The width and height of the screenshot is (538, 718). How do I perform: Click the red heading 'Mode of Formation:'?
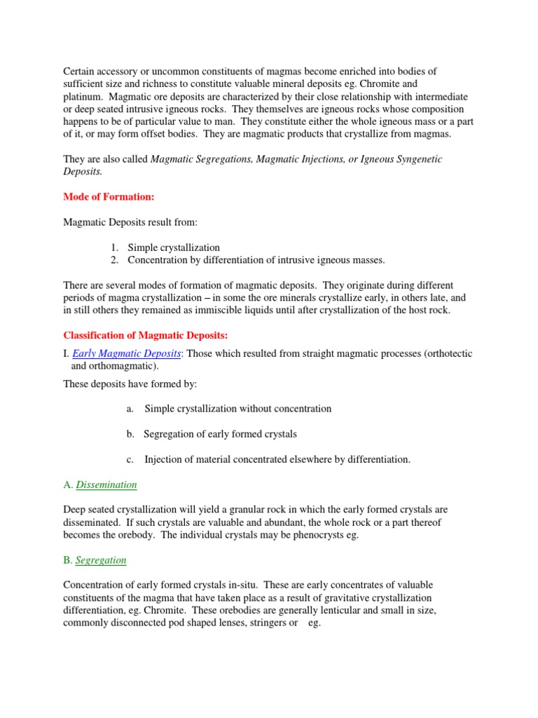(109, 197)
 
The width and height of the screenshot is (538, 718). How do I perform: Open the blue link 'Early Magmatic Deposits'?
(127, 353)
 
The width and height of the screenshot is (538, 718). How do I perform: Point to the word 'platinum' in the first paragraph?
(83, 96)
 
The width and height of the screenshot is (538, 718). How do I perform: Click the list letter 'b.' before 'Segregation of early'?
(131, 434)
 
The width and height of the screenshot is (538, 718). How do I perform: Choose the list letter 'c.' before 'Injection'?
(130, 459)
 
